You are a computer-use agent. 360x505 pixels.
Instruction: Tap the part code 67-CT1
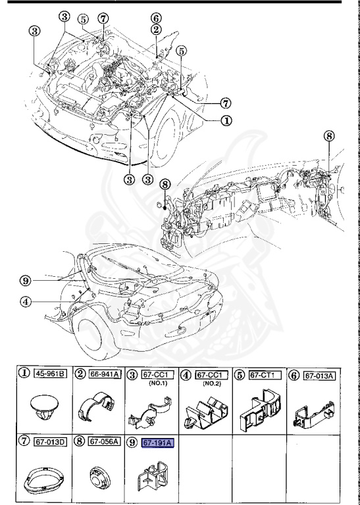click(x=265, y=375)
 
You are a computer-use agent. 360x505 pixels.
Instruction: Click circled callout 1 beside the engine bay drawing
click(x=226, y=120)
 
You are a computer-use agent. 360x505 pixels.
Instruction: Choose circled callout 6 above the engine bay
click(x=156, y=18)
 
